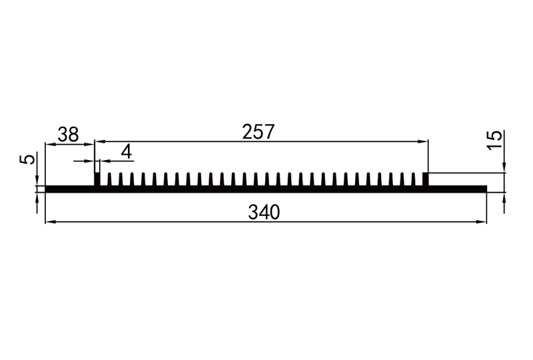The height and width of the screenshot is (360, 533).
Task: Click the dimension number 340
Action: pos(264,212)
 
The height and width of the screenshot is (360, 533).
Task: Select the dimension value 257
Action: pos(258,132)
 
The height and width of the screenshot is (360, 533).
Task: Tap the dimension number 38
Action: pos(68,135)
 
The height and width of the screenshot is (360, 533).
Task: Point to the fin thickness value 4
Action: pos(127,151)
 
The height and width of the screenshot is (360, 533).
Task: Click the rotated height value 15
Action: pos(494,140)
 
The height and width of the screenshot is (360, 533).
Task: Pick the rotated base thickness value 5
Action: pos(27,159)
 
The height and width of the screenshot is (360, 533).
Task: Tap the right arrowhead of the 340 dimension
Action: pos(482,222)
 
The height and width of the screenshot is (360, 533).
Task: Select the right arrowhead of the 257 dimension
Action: pos(423,141)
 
